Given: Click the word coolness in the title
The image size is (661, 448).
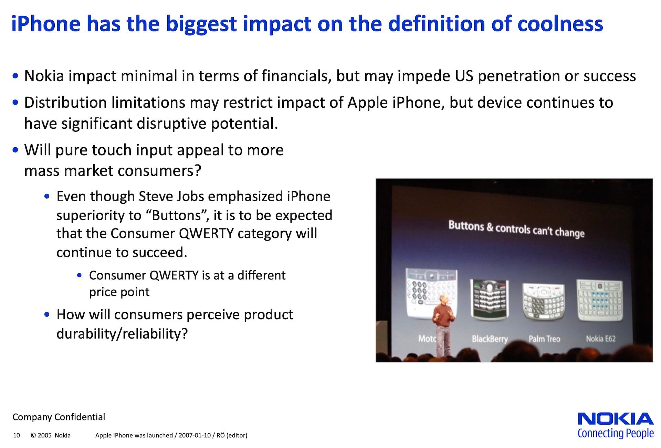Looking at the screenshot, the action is point(560,24).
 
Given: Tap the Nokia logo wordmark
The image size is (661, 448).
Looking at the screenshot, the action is point(616,419).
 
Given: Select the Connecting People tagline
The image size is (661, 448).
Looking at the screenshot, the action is point(616,434).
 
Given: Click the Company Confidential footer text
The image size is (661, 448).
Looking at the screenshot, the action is point(59,417).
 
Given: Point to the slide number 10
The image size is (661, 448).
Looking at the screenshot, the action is point(17,435).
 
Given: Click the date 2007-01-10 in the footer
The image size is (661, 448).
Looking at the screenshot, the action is point(195,435).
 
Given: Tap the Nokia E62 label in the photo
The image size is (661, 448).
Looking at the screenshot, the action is point(601,339).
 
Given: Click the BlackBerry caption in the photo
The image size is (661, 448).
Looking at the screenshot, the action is point(490,339).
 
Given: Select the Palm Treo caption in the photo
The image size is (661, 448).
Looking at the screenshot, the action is point(544,339).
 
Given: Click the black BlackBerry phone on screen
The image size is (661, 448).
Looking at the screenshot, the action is point(489,299).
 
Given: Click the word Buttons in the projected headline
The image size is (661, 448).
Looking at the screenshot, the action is point(466,226).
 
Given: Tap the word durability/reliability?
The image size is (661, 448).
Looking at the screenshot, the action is point(122,334).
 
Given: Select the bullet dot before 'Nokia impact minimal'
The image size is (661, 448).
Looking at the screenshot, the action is point(15,76).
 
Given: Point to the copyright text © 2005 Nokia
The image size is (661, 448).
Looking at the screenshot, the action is point(51,435).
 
